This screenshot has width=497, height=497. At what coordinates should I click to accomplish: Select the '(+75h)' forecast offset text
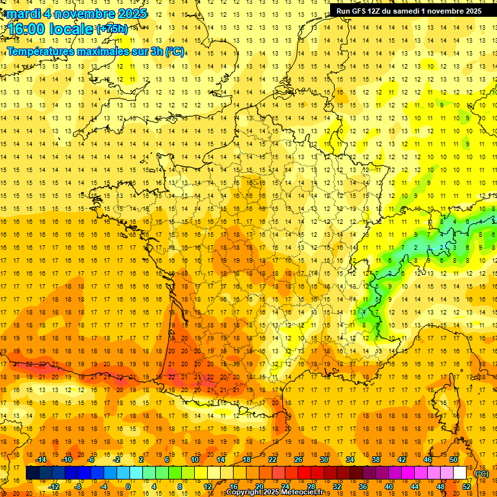tap(112, 28)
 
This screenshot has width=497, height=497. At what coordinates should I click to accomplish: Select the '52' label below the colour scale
tap(467, 486)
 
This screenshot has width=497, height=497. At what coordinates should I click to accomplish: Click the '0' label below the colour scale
tap(128, 486)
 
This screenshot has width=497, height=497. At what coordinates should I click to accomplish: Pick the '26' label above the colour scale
tap(298, 459)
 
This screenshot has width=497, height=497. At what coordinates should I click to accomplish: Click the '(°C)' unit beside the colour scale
tap(482, 473)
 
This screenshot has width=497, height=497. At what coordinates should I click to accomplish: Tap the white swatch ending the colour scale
tap(460, 473)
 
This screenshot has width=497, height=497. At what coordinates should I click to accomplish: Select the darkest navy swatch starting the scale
tap(32, 473)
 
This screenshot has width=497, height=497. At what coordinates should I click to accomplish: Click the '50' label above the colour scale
tap(454, 459)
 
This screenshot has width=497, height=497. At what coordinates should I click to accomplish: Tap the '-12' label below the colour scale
tap(54, 486)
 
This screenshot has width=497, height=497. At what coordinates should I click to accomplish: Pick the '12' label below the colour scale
tap(208, 486)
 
